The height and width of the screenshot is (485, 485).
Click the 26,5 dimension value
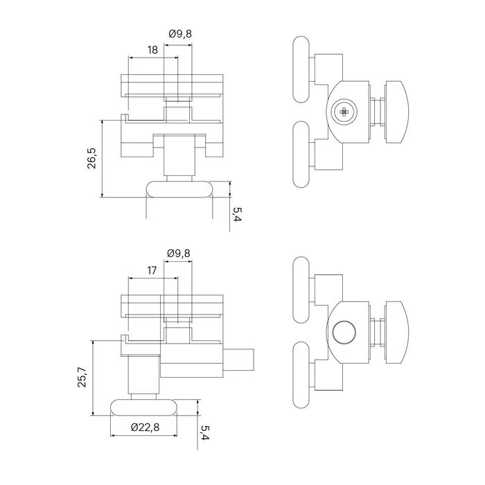(92, 158)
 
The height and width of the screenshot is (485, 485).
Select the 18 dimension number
(152, 50)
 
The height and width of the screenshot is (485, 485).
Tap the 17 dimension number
(152, 270)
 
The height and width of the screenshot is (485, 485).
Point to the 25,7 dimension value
(82, 377)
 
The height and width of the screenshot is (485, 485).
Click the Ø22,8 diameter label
(145, 427)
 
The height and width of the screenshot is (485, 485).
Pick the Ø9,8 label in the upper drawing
(180, 33)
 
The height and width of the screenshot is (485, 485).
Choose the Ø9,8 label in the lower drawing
(179, 254)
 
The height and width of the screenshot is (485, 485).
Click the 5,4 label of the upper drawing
(237, 214)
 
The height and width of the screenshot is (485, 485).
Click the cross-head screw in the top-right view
(344, 112)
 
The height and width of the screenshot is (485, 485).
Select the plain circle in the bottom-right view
(344, 332)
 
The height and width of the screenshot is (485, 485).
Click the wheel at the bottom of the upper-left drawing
(179, 189)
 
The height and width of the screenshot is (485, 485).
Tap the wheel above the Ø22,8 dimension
(144, 407)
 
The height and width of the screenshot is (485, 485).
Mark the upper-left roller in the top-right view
(301, 69)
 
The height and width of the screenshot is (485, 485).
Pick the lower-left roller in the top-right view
(301, 155)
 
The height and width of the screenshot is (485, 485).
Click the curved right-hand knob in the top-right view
(396, 112)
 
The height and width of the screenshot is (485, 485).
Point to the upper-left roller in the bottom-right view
(301, 290)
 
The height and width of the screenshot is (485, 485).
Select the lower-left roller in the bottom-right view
(301, 375)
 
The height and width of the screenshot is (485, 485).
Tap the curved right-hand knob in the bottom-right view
(396, 333)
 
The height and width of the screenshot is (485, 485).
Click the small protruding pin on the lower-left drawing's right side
(238, 360)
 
